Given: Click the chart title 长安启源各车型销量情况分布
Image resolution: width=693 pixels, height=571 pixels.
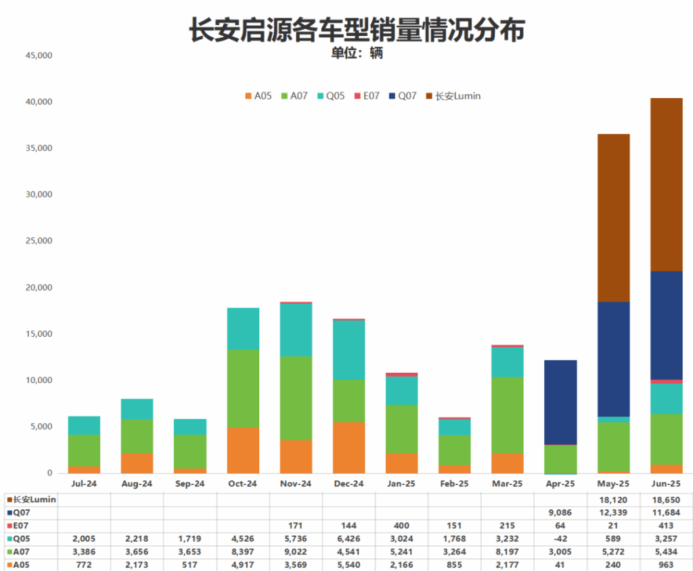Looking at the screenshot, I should pyautogui.click(x=357, y=29).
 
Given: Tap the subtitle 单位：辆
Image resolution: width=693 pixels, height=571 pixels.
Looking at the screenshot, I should pyautogui.click(x=357, y=53).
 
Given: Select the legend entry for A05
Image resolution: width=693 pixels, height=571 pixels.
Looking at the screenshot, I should pyautogui.click(x=259, y=96).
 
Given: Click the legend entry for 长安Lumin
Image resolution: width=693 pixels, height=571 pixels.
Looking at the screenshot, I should pyautogui.click(x=453, y=96).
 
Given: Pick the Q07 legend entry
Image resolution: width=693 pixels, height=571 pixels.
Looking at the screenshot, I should pyautogui.click(x=403, y=96).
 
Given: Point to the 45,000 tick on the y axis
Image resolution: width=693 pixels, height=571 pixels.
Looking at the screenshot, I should pyautogui.click(x=38, y=55).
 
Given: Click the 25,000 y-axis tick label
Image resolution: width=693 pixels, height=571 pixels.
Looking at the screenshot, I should pyautogui.click(x=38, y=241).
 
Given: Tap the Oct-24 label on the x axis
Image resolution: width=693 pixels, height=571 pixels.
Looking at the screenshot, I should pyautogui.click(x=243, y=484).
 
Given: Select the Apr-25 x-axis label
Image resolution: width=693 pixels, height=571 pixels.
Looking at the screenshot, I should pyautogui.click(x=560, y=484).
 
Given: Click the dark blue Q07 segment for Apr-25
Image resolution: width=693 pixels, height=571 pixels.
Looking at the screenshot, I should pyautogui.click(x=560, y=403).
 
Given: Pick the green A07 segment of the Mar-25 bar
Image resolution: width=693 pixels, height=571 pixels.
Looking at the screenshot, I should pyautogui.click(x=508, y=415).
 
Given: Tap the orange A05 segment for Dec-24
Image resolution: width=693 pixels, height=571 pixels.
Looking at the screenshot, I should pyautogui.click(x=349, y=447).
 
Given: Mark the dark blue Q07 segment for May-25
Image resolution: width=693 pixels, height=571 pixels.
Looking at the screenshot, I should pyautogui.click(x=613, y=359).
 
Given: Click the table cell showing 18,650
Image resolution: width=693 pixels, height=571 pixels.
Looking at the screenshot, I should pyautogui.click(x=666, y=499).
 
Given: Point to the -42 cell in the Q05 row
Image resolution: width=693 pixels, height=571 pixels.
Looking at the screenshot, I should pyautogui.click(x=560, y=539).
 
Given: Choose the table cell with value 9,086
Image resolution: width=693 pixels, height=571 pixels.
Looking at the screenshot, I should pyautogui.click(x=560, y=513).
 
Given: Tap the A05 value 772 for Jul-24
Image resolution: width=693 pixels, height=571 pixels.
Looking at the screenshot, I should pyautogui.click(x=85, y=564).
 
